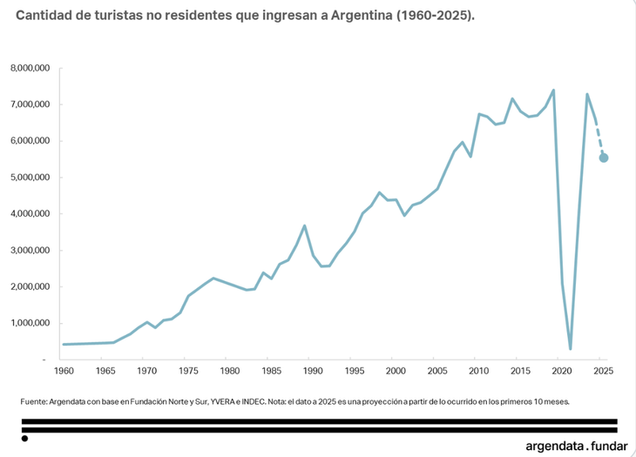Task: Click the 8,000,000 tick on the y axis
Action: [30, 68]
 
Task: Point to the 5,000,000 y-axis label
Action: [30, 178]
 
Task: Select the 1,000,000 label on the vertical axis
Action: [30, 323]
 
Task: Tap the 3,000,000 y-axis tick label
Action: [30, 251]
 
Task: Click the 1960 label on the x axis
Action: [64, 371]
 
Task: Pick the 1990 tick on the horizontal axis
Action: [313, 371]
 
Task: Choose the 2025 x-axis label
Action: [603, 371]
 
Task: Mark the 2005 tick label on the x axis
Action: [437, 371]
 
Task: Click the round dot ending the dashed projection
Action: [604, 158]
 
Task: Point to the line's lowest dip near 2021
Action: [571, 349]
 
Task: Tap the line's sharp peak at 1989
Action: [304, 225]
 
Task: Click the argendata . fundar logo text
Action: [576, 446]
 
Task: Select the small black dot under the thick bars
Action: [24, 439]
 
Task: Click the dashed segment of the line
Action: [599, 139]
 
